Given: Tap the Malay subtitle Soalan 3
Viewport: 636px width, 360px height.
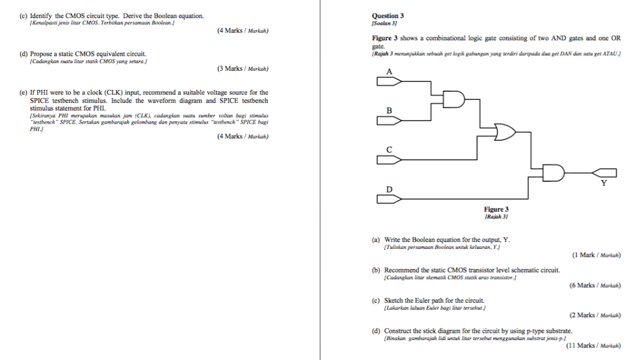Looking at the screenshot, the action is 384,22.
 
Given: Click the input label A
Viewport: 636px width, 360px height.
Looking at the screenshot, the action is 389,72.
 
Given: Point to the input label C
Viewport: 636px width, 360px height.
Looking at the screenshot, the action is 389,150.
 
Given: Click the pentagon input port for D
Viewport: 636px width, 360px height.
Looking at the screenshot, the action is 389,199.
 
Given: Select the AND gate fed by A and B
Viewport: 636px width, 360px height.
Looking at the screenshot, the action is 454,99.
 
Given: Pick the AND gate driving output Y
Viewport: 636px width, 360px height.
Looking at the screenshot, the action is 553,173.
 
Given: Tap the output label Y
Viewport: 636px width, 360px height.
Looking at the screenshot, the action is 604,184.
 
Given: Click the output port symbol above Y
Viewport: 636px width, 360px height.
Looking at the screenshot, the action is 604,173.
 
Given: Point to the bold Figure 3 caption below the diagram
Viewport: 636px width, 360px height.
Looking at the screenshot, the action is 496,210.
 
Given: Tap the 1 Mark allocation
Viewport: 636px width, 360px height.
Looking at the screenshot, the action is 584,254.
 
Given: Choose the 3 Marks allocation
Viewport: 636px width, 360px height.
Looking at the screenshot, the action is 230,68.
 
